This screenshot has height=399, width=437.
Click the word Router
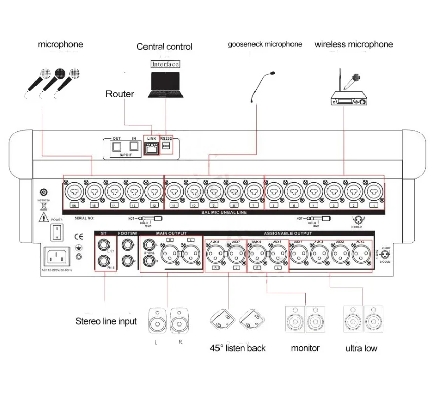[x=120, y=94]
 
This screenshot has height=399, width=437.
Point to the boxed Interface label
[x=165, y=64]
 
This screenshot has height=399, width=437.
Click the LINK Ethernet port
[x=151, y=147]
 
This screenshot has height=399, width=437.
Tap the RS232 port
[x=166, y=146]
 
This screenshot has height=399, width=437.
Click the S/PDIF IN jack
[x=134, y=147]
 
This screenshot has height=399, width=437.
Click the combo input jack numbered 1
[x=374, y=192]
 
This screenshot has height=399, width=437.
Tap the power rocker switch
[x=57, y=233]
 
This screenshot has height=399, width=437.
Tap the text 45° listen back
[x=238, y=348]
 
